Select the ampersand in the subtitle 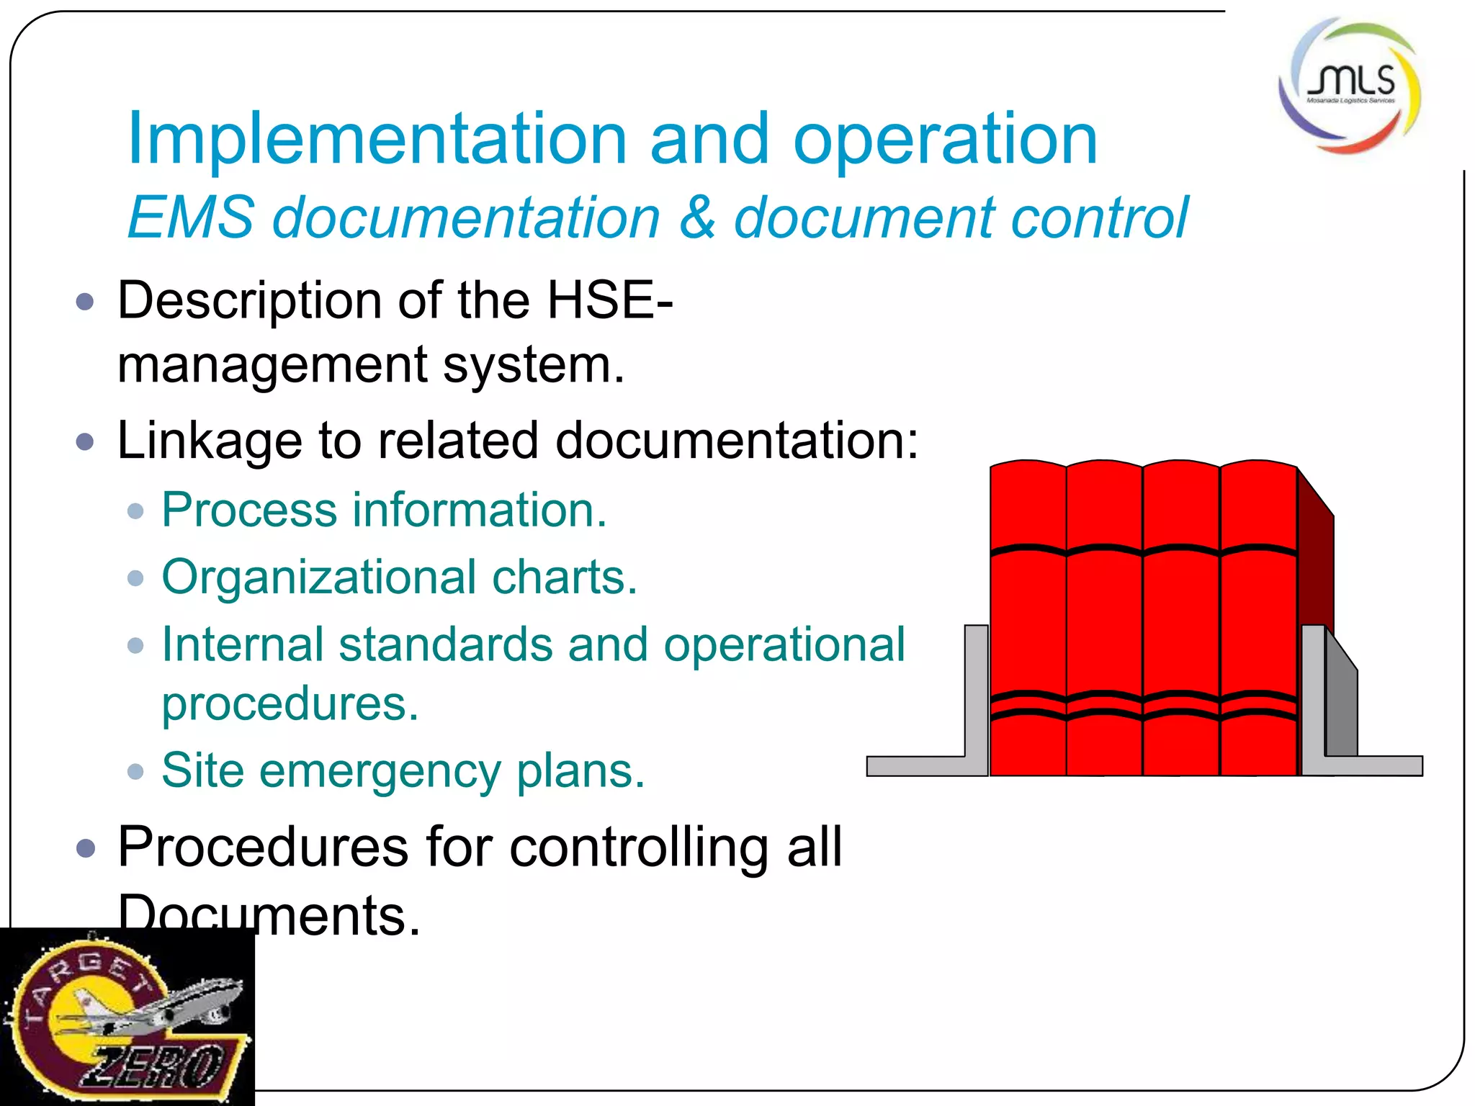[696, 217]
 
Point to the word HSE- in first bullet [609, 300]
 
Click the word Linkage [209, 440]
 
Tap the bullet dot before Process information [135, 511]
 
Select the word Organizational [319, 577]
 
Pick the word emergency [380, 771]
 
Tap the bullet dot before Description [85, 301]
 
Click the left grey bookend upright [976, 691]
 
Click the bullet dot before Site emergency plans [135, 772]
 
